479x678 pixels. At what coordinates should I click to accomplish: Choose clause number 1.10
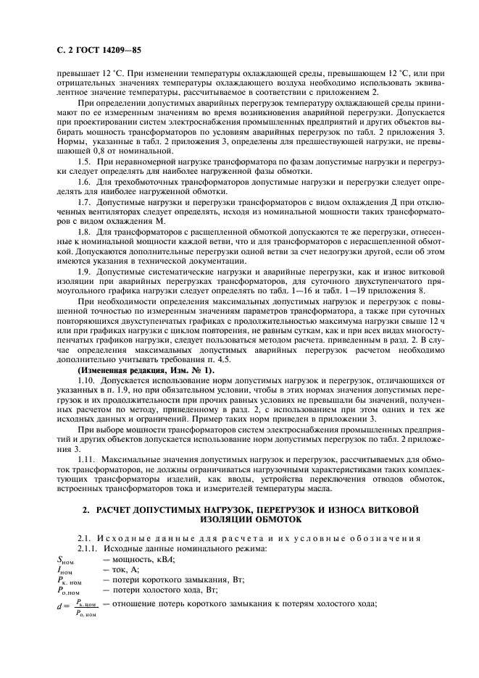tap(86, 380)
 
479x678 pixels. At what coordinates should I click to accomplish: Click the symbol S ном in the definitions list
tap(65, 558)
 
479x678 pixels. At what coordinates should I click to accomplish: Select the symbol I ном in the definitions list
tap(64, 569)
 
